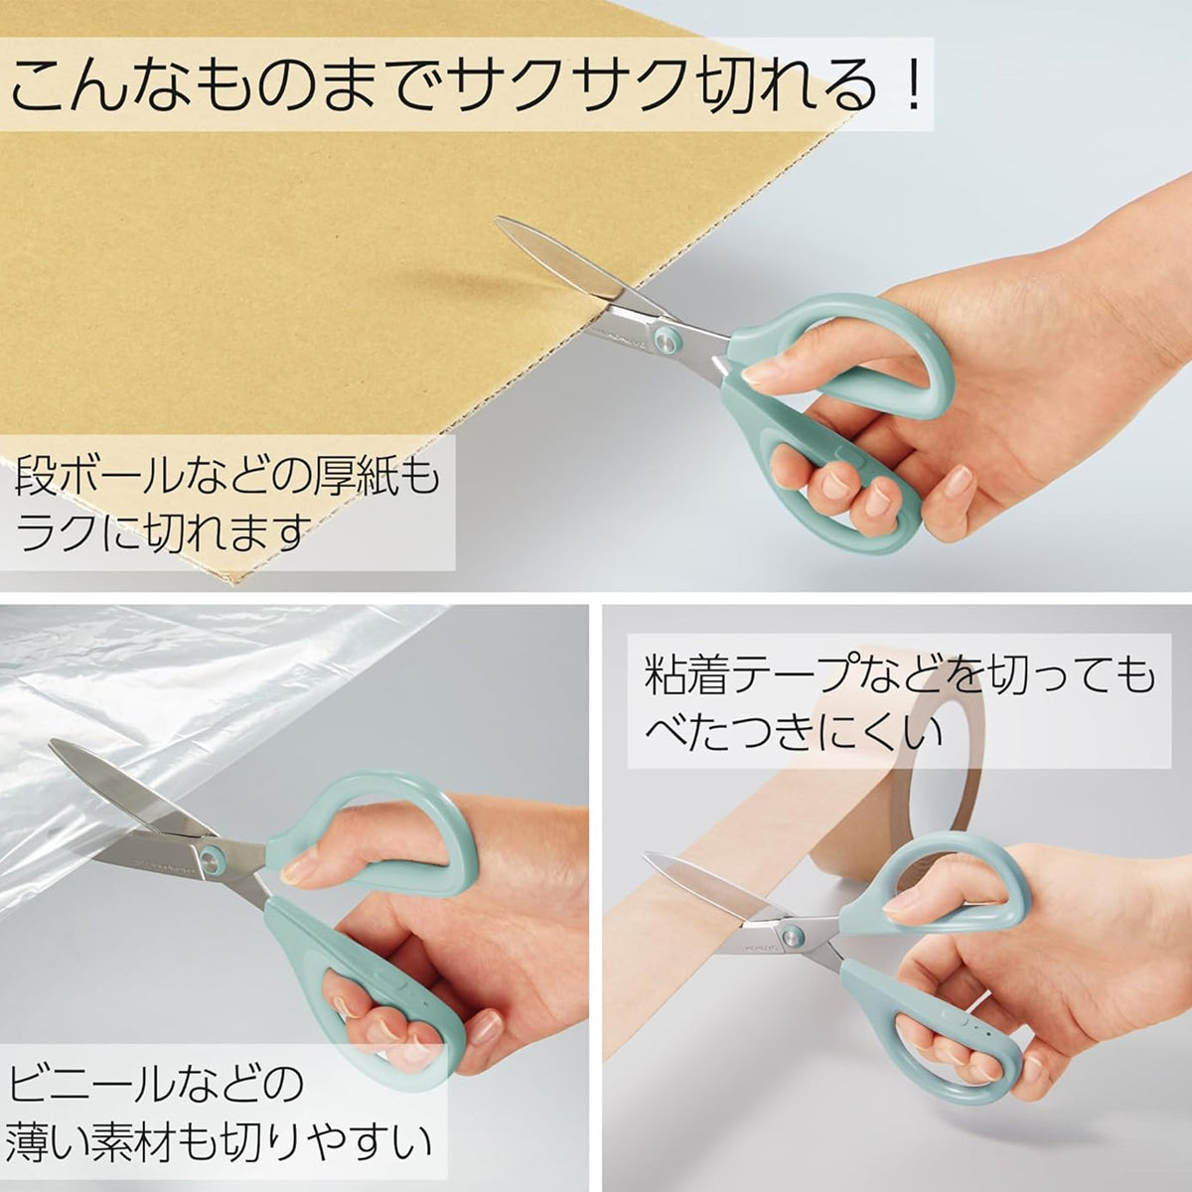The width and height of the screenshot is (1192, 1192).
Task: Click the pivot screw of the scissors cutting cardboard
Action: [668, 340]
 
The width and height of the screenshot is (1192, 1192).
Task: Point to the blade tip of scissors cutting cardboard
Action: [498, 220]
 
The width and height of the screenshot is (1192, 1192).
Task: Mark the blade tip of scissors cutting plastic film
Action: [52, 743]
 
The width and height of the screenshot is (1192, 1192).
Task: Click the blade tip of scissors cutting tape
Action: [647, 856]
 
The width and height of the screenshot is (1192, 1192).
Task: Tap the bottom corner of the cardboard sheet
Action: [233, 587]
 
